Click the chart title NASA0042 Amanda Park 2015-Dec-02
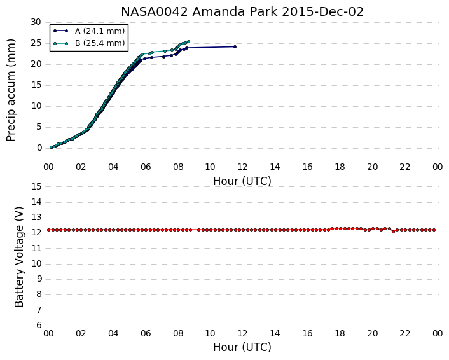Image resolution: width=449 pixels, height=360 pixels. tap(242, 11)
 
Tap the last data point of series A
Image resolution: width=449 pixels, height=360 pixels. tap(235, 46)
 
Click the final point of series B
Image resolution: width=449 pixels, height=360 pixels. tap(188, 42)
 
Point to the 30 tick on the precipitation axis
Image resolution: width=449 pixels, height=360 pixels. tap(36, 22)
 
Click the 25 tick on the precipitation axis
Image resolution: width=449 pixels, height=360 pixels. tap(36, 43)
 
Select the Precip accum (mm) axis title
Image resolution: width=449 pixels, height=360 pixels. tap(10, 90)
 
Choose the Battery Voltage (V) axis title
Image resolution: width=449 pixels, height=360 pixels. tap(19, 257)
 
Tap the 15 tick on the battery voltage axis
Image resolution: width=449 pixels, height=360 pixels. tap(36, 187)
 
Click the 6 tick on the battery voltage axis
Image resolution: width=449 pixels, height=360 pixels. tap(39, 326)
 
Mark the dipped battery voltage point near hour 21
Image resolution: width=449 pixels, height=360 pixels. tap(393, 232)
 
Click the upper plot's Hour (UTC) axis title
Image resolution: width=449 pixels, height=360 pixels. tap(242, 181)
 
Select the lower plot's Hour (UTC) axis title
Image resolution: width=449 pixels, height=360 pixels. tap(242, 347)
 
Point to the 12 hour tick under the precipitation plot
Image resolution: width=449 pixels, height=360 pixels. tap(242, 167)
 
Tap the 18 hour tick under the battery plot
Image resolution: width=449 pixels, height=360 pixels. tap(340, 334)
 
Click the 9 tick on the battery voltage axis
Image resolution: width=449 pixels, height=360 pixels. tap(39, 279)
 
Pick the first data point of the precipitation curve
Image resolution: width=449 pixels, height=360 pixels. tap(52, 147)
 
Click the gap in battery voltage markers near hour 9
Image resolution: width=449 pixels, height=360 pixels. tap(195, 230)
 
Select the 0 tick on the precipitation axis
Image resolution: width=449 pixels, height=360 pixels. tap(39, 148)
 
